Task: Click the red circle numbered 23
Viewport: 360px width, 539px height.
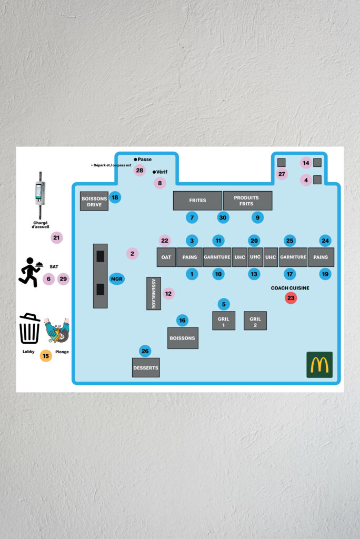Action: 291,298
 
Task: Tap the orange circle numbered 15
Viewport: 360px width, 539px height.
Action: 46,356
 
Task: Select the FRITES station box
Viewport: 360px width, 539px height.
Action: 197,201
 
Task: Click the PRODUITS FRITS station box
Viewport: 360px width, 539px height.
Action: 247,201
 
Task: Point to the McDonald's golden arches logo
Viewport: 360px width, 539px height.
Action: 319,365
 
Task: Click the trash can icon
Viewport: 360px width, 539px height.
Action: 29,328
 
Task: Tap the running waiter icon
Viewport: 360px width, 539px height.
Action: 30,272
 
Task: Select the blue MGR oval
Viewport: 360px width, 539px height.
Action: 116,279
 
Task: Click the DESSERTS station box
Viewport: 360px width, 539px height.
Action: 146,367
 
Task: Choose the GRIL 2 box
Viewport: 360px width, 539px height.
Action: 255,321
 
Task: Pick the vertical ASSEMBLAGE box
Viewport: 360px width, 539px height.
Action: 154,293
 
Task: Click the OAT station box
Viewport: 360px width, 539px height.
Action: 166,257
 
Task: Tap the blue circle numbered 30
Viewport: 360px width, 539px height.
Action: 223,217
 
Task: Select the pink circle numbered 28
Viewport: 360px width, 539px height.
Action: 139,170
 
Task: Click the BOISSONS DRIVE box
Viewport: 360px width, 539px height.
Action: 94,201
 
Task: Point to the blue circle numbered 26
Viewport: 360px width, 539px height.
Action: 145,351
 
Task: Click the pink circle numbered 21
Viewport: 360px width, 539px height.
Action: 56,237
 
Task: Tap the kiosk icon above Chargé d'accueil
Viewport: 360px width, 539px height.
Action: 40,195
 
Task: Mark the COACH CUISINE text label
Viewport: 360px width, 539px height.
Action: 290,288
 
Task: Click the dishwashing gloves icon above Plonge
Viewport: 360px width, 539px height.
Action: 57,331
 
